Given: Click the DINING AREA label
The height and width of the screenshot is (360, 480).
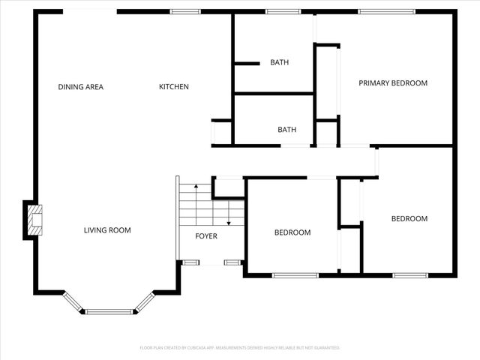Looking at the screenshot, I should click(x=80, y=87).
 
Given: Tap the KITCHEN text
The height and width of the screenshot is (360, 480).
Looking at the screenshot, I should click(x=173, y=87).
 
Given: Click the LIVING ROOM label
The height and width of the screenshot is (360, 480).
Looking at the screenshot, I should click(x=107, y=230).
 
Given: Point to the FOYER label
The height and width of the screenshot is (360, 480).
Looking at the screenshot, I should click(x=206, y=236).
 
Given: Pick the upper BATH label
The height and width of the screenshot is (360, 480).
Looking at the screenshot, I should click(x=279, y=63).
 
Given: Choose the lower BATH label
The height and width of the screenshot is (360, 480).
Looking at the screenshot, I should click(x=286, y=130).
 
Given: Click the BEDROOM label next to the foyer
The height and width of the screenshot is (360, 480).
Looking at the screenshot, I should click(x=292, y=232).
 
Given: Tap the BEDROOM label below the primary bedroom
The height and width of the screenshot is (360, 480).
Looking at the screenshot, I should click(x=409, y=219).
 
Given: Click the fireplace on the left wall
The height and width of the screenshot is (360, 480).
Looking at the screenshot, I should click(x=33, y=220).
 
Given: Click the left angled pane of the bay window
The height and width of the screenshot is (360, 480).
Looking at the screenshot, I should click(x=73, y=301).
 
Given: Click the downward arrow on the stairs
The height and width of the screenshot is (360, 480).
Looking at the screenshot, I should click(x=228, y=214).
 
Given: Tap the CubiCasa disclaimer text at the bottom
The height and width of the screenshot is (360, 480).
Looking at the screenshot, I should click(x=240, y=348).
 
